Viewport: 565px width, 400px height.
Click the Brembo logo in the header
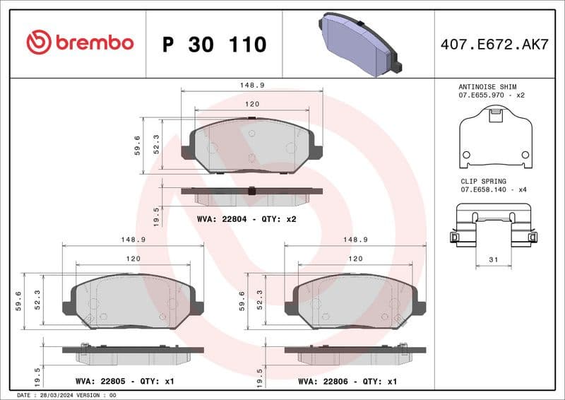[80, 43]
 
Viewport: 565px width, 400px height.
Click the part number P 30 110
[214, 45]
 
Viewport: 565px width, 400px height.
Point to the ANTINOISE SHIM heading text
[487, 86]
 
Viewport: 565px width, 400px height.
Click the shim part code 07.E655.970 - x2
[493, 94]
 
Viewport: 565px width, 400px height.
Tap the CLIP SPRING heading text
[484, 182]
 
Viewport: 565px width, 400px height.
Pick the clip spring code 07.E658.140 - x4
[494, 190]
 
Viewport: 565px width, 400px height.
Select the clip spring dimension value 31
[494, 260]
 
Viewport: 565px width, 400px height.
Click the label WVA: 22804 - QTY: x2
[246, 219]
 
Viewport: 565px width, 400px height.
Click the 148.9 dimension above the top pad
[252, 85]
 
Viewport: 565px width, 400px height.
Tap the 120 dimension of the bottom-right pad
[355, 259]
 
